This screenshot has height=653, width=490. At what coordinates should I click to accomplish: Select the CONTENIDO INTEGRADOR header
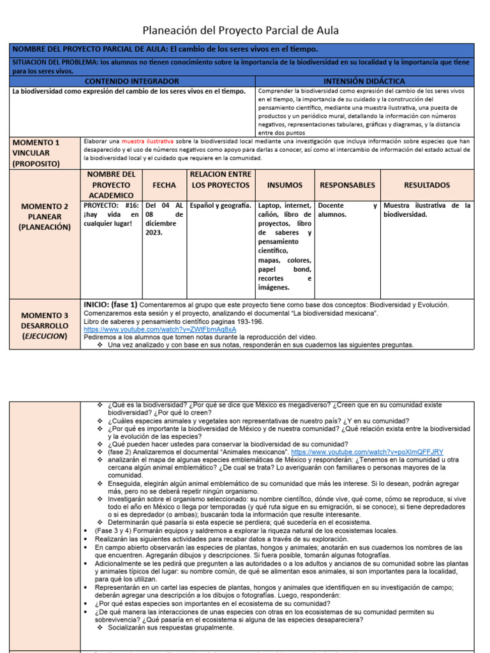click(132, 81)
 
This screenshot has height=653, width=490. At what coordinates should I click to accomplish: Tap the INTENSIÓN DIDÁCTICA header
click(364, 81)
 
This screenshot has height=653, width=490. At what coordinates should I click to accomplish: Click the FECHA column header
click(164, 185)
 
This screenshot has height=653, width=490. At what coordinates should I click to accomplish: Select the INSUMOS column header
click(285, 185)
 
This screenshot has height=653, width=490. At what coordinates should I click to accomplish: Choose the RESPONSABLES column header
click(347, 185)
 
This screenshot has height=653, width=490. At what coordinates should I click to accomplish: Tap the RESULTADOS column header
click(426, 185)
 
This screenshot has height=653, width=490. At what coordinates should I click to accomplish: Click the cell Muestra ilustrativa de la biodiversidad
click(426, 210)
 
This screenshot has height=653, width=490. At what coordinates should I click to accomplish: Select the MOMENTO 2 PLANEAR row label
click(45, 217)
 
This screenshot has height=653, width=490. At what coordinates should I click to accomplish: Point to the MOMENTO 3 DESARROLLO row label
click(45, 325)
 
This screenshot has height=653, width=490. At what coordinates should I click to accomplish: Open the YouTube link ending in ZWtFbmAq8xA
click(160, 329)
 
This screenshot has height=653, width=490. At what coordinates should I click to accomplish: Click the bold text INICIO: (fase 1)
click(110, 305)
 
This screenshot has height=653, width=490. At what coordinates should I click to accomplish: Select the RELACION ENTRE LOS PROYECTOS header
click(221, 179)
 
